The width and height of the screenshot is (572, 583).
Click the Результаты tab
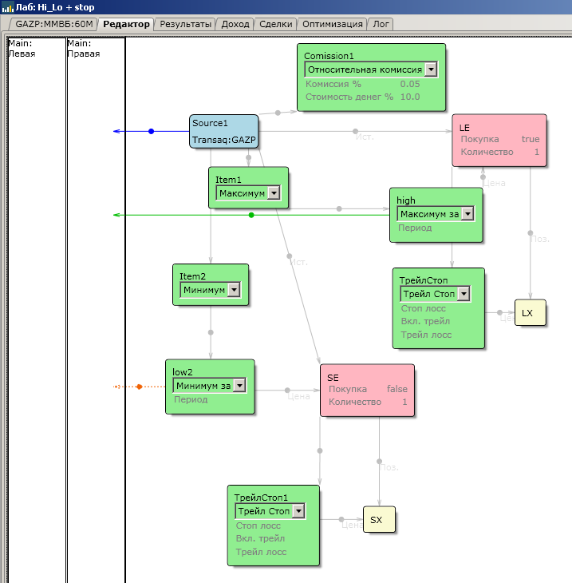tap(186, 24)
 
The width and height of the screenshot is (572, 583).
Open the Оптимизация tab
tap(334, 24)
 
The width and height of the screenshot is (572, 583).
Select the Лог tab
tap(381, 24)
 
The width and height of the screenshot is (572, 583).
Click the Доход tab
tap(235, 24)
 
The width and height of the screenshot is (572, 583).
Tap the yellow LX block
tap(530, 313)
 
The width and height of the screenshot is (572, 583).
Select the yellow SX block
tap(379, 520)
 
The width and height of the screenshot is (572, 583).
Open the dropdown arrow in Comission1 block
tap(431, 69)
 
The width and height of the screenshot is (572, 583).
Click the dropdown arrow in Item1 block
tap(274, 192)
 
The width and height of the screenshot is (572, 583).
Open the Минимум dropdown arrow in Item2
tap(234, 290)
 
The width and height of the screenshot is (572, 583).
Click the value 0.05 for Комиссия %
tap(410, 84)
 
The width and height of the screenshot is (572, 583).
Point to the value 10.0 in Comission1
tap(410, 97)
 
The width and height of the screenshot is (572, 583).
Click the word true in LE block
tap(531, 139)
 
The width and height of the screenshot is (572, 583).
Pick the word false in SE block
tap(397, 389)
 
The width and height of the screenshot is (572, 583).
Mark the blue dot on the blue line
tap(151, 131)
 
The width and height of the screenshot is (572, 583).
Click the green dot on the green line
tap(251, 215)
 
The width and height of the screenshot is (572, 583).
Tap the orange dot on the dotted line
tap(139, 387)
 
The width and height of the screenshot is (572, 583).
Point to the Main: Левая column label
tap(22, 49)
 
